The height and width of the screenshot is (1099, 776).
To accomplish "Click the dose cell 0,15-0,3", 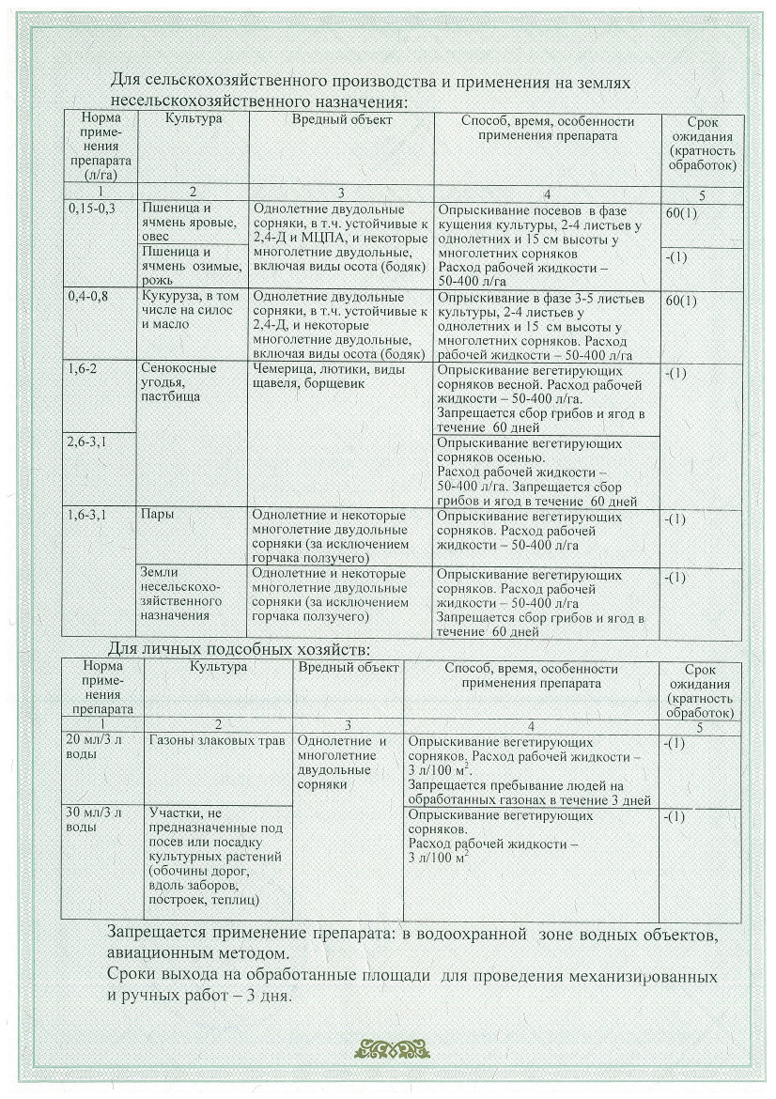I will pos(92,209).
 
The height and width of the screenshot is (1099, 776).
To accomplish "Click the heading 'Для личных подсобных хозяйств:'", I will pos(239,649).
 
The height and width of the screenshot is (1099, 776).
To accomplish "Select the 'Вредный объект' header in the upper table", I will pos(341,121).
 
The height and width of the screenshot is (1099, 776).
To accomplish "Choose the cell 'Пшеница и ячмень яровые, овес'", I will pos(181,223).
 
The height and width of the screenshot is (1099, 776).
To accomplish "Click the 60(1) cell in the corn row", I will pos(680,302).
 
